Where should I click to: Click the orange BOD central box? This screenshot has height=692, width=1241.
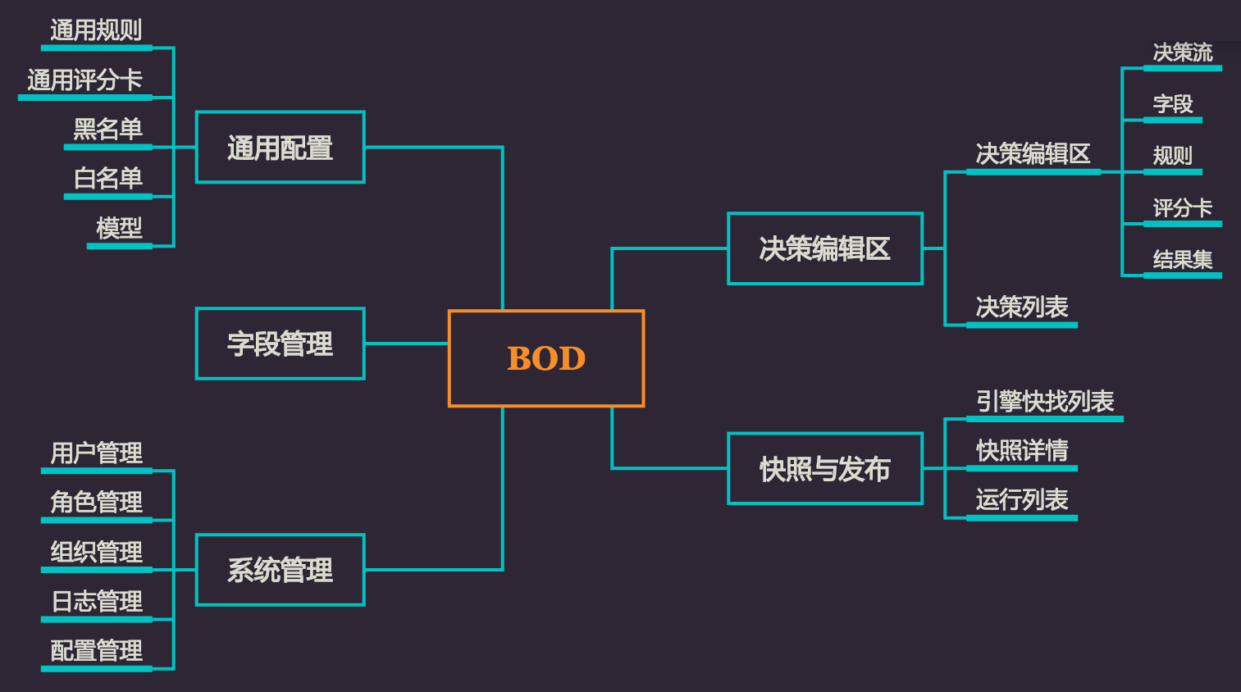coord(546,358)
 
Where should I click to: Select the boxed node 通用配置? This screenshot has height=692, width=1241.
coord(281,148)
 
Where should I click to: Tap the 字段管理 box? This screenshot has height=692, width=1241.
coord(281,344)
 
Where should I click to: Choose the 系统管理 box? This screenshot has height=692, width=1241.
coord(281,570)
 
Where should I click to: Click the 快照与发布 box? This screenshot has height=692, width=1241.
coord(825,469)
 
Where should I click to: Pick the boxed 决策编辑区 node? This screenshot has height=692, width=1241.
coord(825,248)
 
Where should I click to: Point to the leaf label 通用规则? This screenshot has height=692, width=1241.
coord(96,30)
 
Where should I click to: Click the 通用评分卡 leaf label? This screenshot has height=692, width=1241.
coord(84,80)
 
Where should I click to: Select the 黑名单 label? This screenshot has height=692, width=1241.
coord(107,129)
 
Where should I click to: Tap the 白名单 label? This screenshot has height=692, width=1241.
coord(107,178)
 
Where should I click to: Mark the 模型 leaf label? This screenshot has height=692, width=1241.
coord(119,227)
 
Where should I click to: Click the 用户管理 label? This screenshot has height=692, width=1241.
coord(96,453)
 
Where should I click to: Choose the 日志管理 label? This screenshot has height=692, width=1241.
coord(96,601)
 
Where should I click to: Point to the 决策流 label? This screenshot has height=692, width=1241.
coord(1182,52)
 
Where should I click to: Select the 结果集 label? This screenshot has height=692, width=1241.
coord(1182,260)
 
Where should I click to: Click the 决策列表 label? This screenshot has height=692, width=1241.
coord(1021,307)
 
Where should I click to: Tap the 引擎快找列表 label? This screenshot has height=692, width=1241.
coord(1044,401)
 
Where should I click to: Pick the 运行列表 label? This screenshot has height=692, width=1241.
coord(1021,499)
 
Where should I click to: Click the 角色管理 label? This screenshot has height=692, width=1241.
coord(96,502)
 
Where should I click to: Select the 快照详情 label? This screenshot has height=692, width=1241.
coord(1021,450)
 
